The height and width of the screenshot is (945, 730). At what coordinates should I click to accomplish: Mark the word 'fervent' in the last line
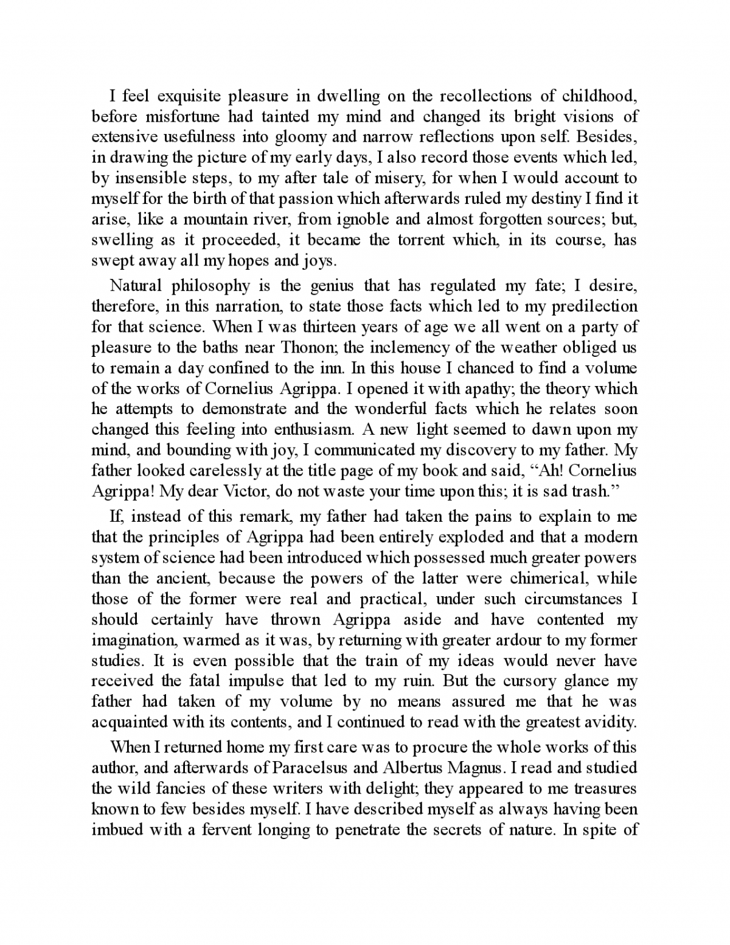tap(220, 830)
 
